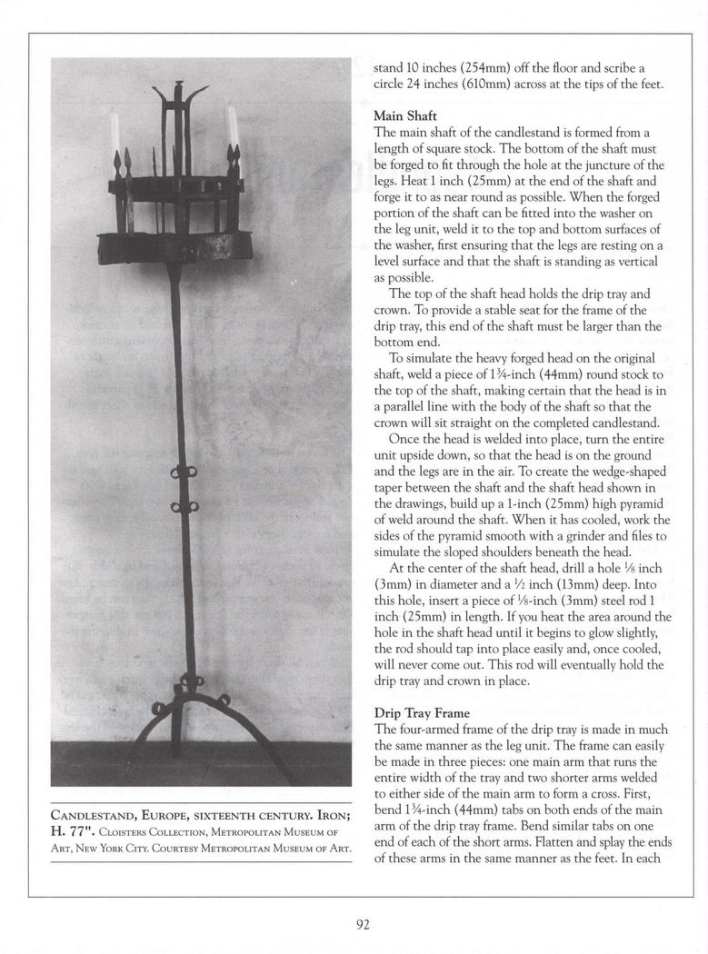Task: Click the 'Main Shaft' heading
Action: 405,116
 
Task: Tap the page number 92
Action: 363,925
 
